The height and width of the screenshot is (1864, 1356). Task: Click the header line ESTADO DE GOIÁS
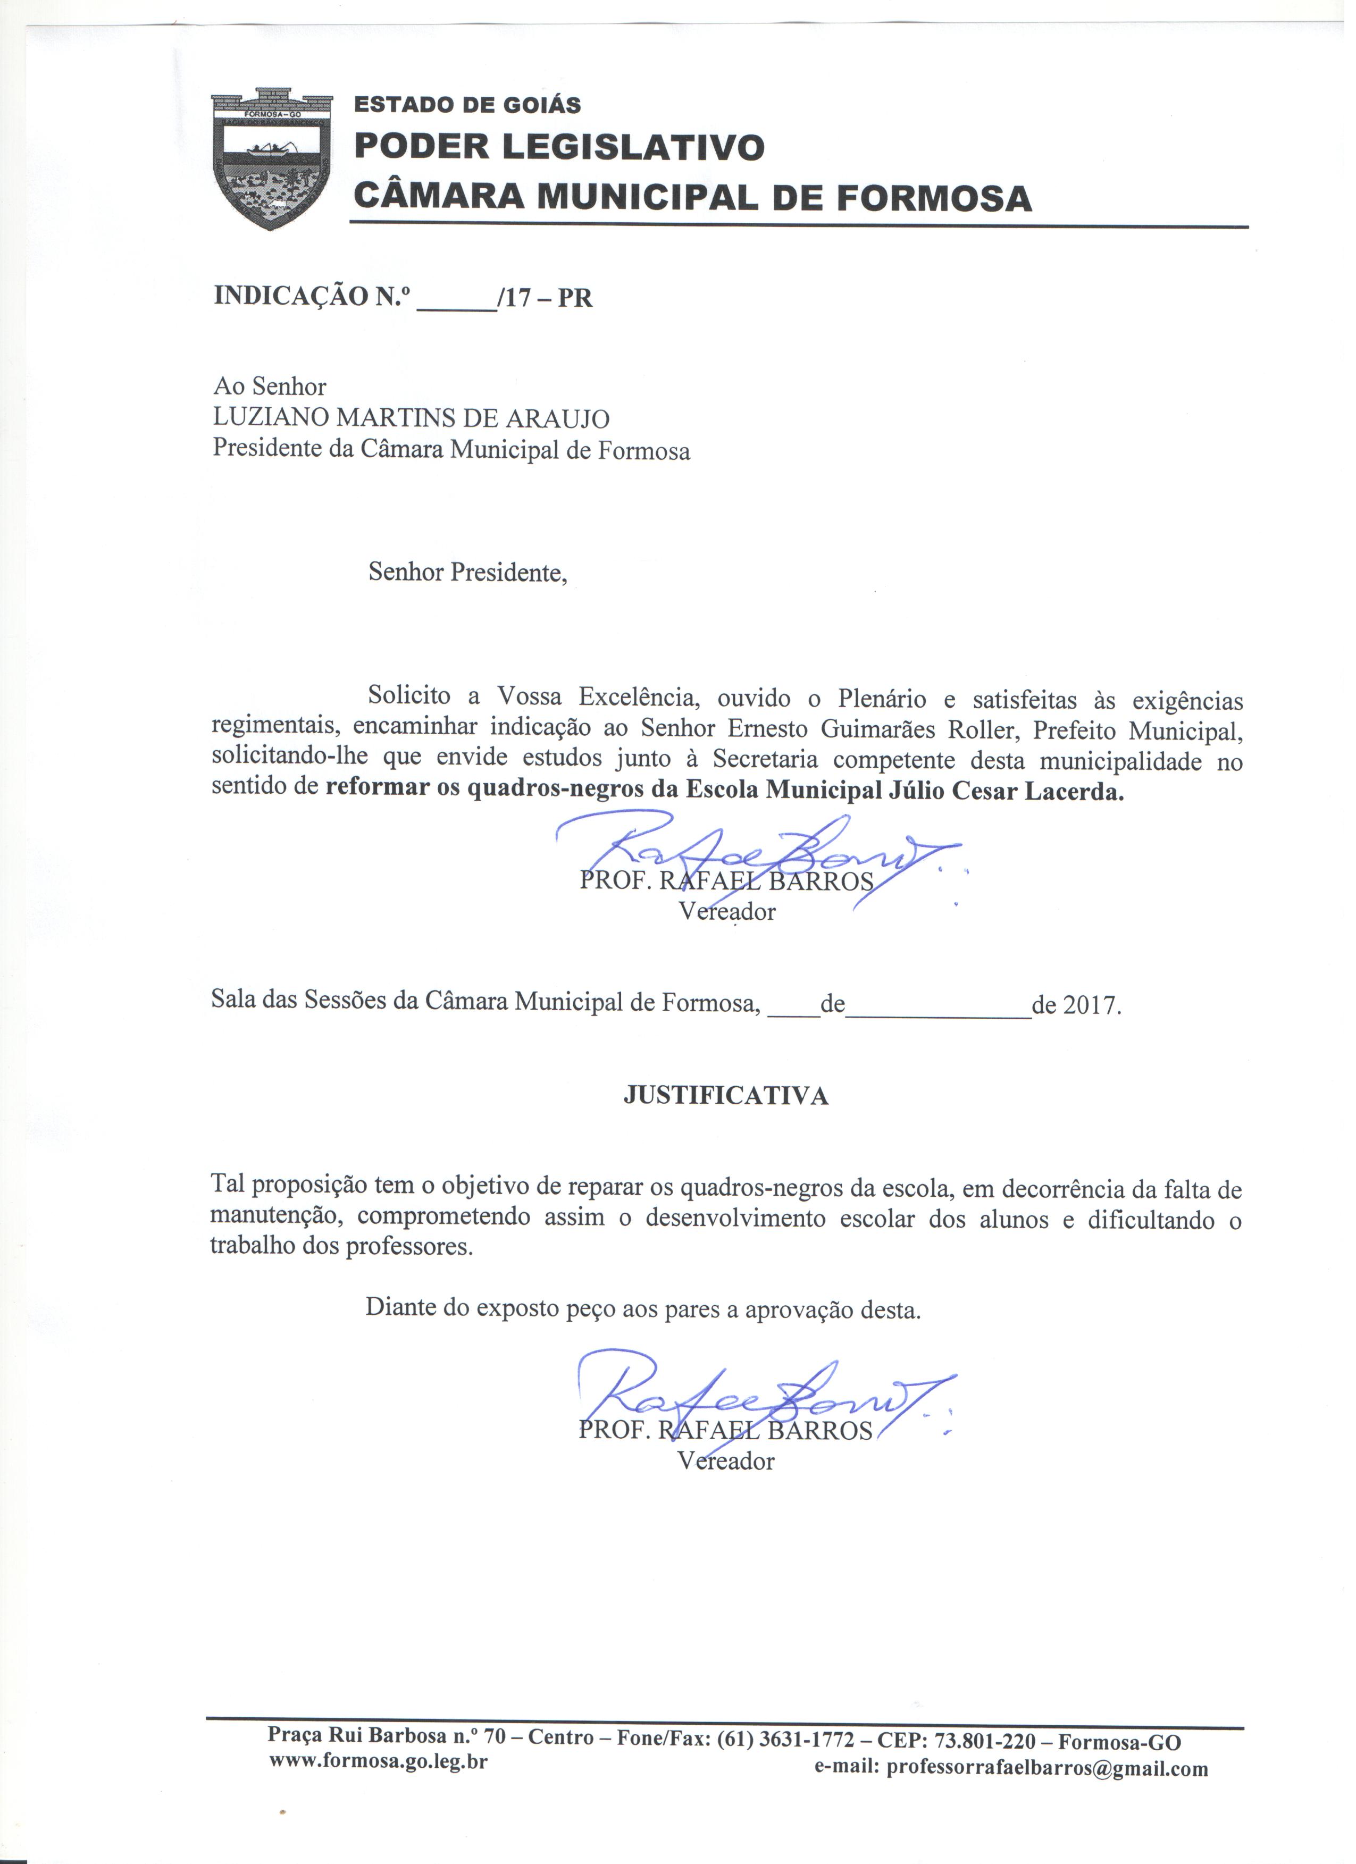(x=467, y=105)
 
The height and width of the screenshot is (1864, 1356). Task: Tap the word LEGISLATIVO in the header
(x=633, y=148)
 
